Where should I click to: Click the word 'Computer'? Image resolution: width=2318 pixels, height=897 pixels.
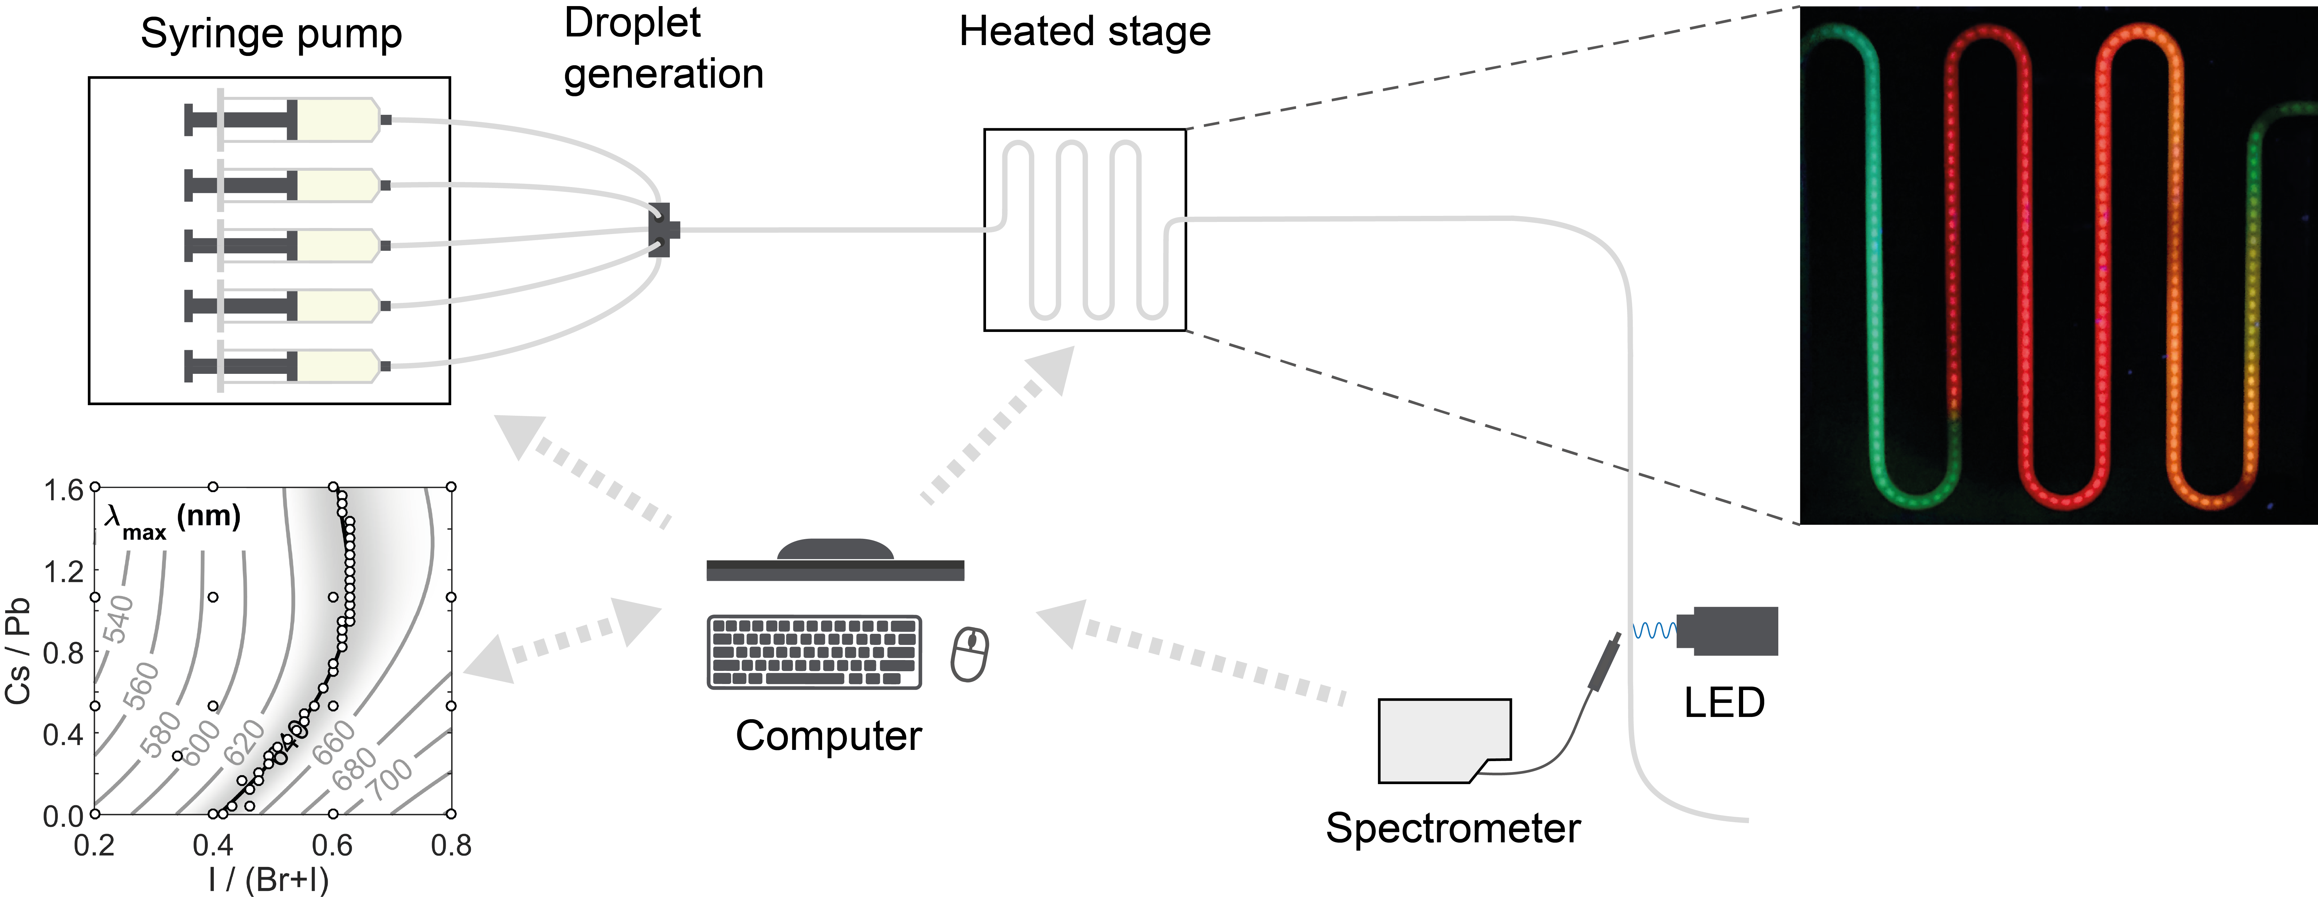tap(828, 736)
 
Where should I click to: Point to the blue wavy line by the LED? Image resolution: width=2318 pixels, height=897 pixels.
tap(1654, 631)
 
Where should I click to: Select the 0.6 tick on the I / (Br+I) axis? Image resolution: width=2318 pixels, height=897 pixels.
tap(332, 846)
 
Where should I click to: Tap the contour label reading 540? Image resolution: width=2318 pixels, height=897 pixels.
tap(119, 619)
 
